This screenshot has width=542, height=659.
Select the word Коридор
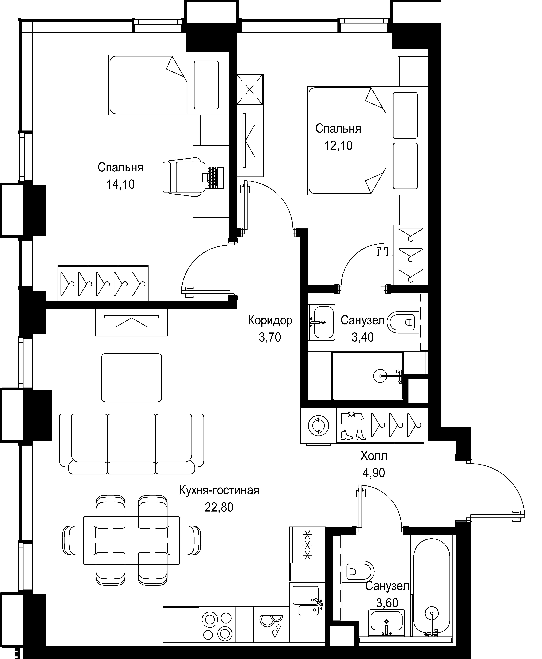[270, 320]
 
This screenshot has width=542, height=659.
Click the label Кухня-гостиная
[219, 490]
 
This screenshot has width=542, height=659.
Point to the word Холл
[374, 456]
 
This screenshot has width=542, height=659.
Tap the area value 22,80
[219, 508]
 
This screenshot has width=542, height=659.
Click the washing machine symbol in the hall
[318, 425]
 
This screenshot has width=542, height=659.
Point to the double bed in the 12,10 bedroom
[365, 141]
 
